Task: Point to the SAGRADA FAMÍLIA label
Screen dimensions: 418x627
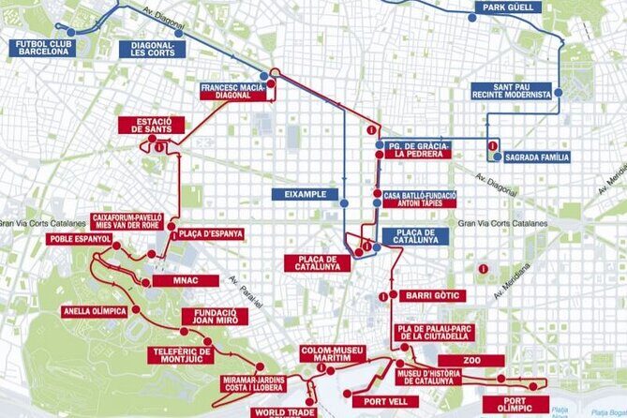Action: [x=537, y=157]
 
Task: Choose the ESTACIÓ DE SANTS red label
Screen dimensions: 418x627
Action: [x=152, y=125]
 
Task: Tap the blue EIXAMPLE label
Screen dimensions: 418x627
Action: [x=305, y=194]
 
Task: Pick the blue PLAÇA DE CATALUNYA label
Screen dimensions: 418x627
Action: [x=415, y=236]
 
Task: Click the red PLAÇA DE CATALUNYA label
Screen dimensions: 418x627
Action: [x=317, y=263]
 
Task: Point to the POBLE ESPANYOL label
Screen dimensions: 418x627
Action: [x=80, y=239]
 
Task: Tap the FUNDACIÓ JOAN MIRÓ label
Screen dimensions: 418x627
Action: [x=216, y=317]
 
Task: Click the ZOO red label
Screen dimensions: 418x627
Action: [x=471, y=361]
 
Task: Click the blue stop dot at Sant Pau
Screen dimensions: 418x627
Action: [x=558, y=92]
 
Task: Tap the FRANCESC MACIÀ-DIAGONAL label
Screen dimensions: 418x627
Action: [x=232, y=90]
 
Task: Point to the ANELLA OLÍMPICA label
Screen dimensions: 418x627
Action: [x=95, y=311]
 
